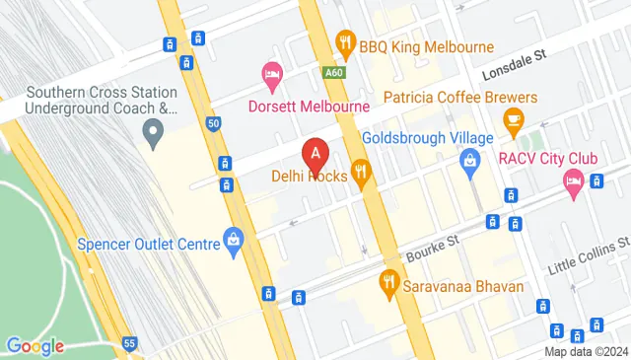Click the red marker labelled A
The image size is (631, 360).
(315, 156)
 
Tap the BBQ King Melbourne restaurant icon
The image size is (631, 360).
(344, 41)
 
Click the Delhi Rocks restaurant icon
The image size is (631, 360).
(362, 175)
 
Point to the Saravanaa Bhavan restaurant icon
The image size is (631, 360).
(388, 283)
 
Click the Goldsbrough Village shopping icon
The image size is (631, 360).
(470, 160)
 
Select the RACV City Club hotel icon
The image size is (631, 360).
(573, 180)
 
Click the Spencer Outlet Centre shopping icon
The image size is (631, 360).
(233, 237)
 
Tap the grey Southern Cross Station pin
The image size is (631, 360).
(153, 130)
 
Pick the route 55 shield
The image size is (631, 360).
(129, 341)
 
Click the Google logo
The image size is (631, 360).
(35, 345)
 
